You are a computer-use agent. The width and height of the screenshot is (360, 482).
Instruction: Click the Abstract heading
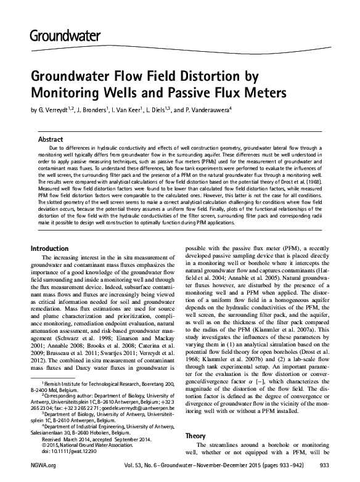click(51, 140)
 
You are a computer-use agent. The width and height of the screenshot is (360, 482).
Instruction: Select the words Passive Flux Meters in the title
click(224, 94)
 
